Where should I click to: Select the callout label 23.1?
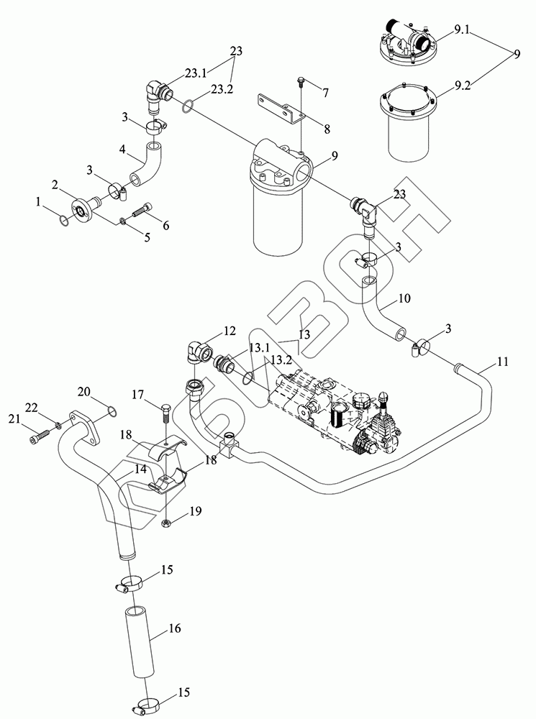point(196,73)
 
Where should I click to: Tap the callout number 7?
point(326,93)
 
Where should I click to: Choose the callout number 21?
point(12,418)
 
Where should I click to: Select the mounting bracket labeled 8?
point(283,108)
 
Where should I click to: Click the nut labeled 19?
point(166,522)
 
